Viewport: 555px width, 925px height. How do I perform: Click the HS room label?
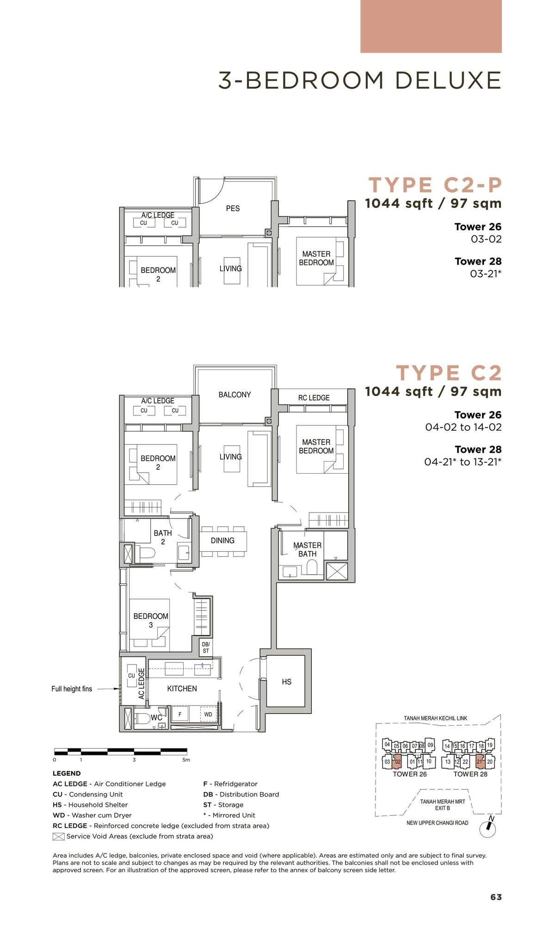286,682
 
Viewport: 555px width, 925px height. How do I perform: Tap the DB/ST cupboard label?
206,647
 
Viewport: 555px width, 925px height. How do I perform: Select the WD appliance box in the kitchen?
208,715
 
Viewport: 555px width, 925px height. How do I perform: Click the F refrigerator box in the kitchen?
180,715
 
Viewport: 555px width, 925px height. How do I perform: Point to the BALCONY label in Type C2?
234,395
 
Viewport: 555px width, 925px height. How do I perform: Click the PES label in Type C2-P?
233,209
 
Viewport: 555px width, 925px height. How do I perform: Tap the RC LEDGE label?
314,398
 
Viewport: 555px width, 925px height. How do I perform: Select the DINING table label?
222,540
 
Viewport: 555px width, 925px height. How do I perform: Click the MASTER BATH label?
307,549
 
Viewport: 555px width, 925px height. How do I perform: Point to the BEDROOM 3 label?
151,620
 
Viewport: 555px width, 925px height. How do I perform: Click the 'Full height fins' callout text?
72,689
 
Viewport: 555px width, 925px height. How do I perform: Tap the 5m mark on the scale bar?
186,760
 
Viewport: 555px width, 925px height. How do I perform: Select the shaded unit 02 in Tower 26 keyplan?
397,761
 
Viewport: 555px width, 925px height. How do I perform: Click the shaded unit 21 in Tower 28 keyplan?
480,761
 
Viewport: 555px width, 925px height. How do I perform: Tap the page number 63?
496,897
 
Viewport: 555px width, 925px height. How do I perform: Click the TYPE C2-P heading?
435,185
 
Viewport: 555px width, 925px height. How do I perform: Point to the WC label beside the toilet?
156,718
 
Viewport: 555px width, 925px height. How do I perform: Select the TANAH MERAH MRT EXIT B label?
443,805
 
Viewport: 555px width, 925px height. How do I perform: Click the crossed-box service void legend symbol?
58,836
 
